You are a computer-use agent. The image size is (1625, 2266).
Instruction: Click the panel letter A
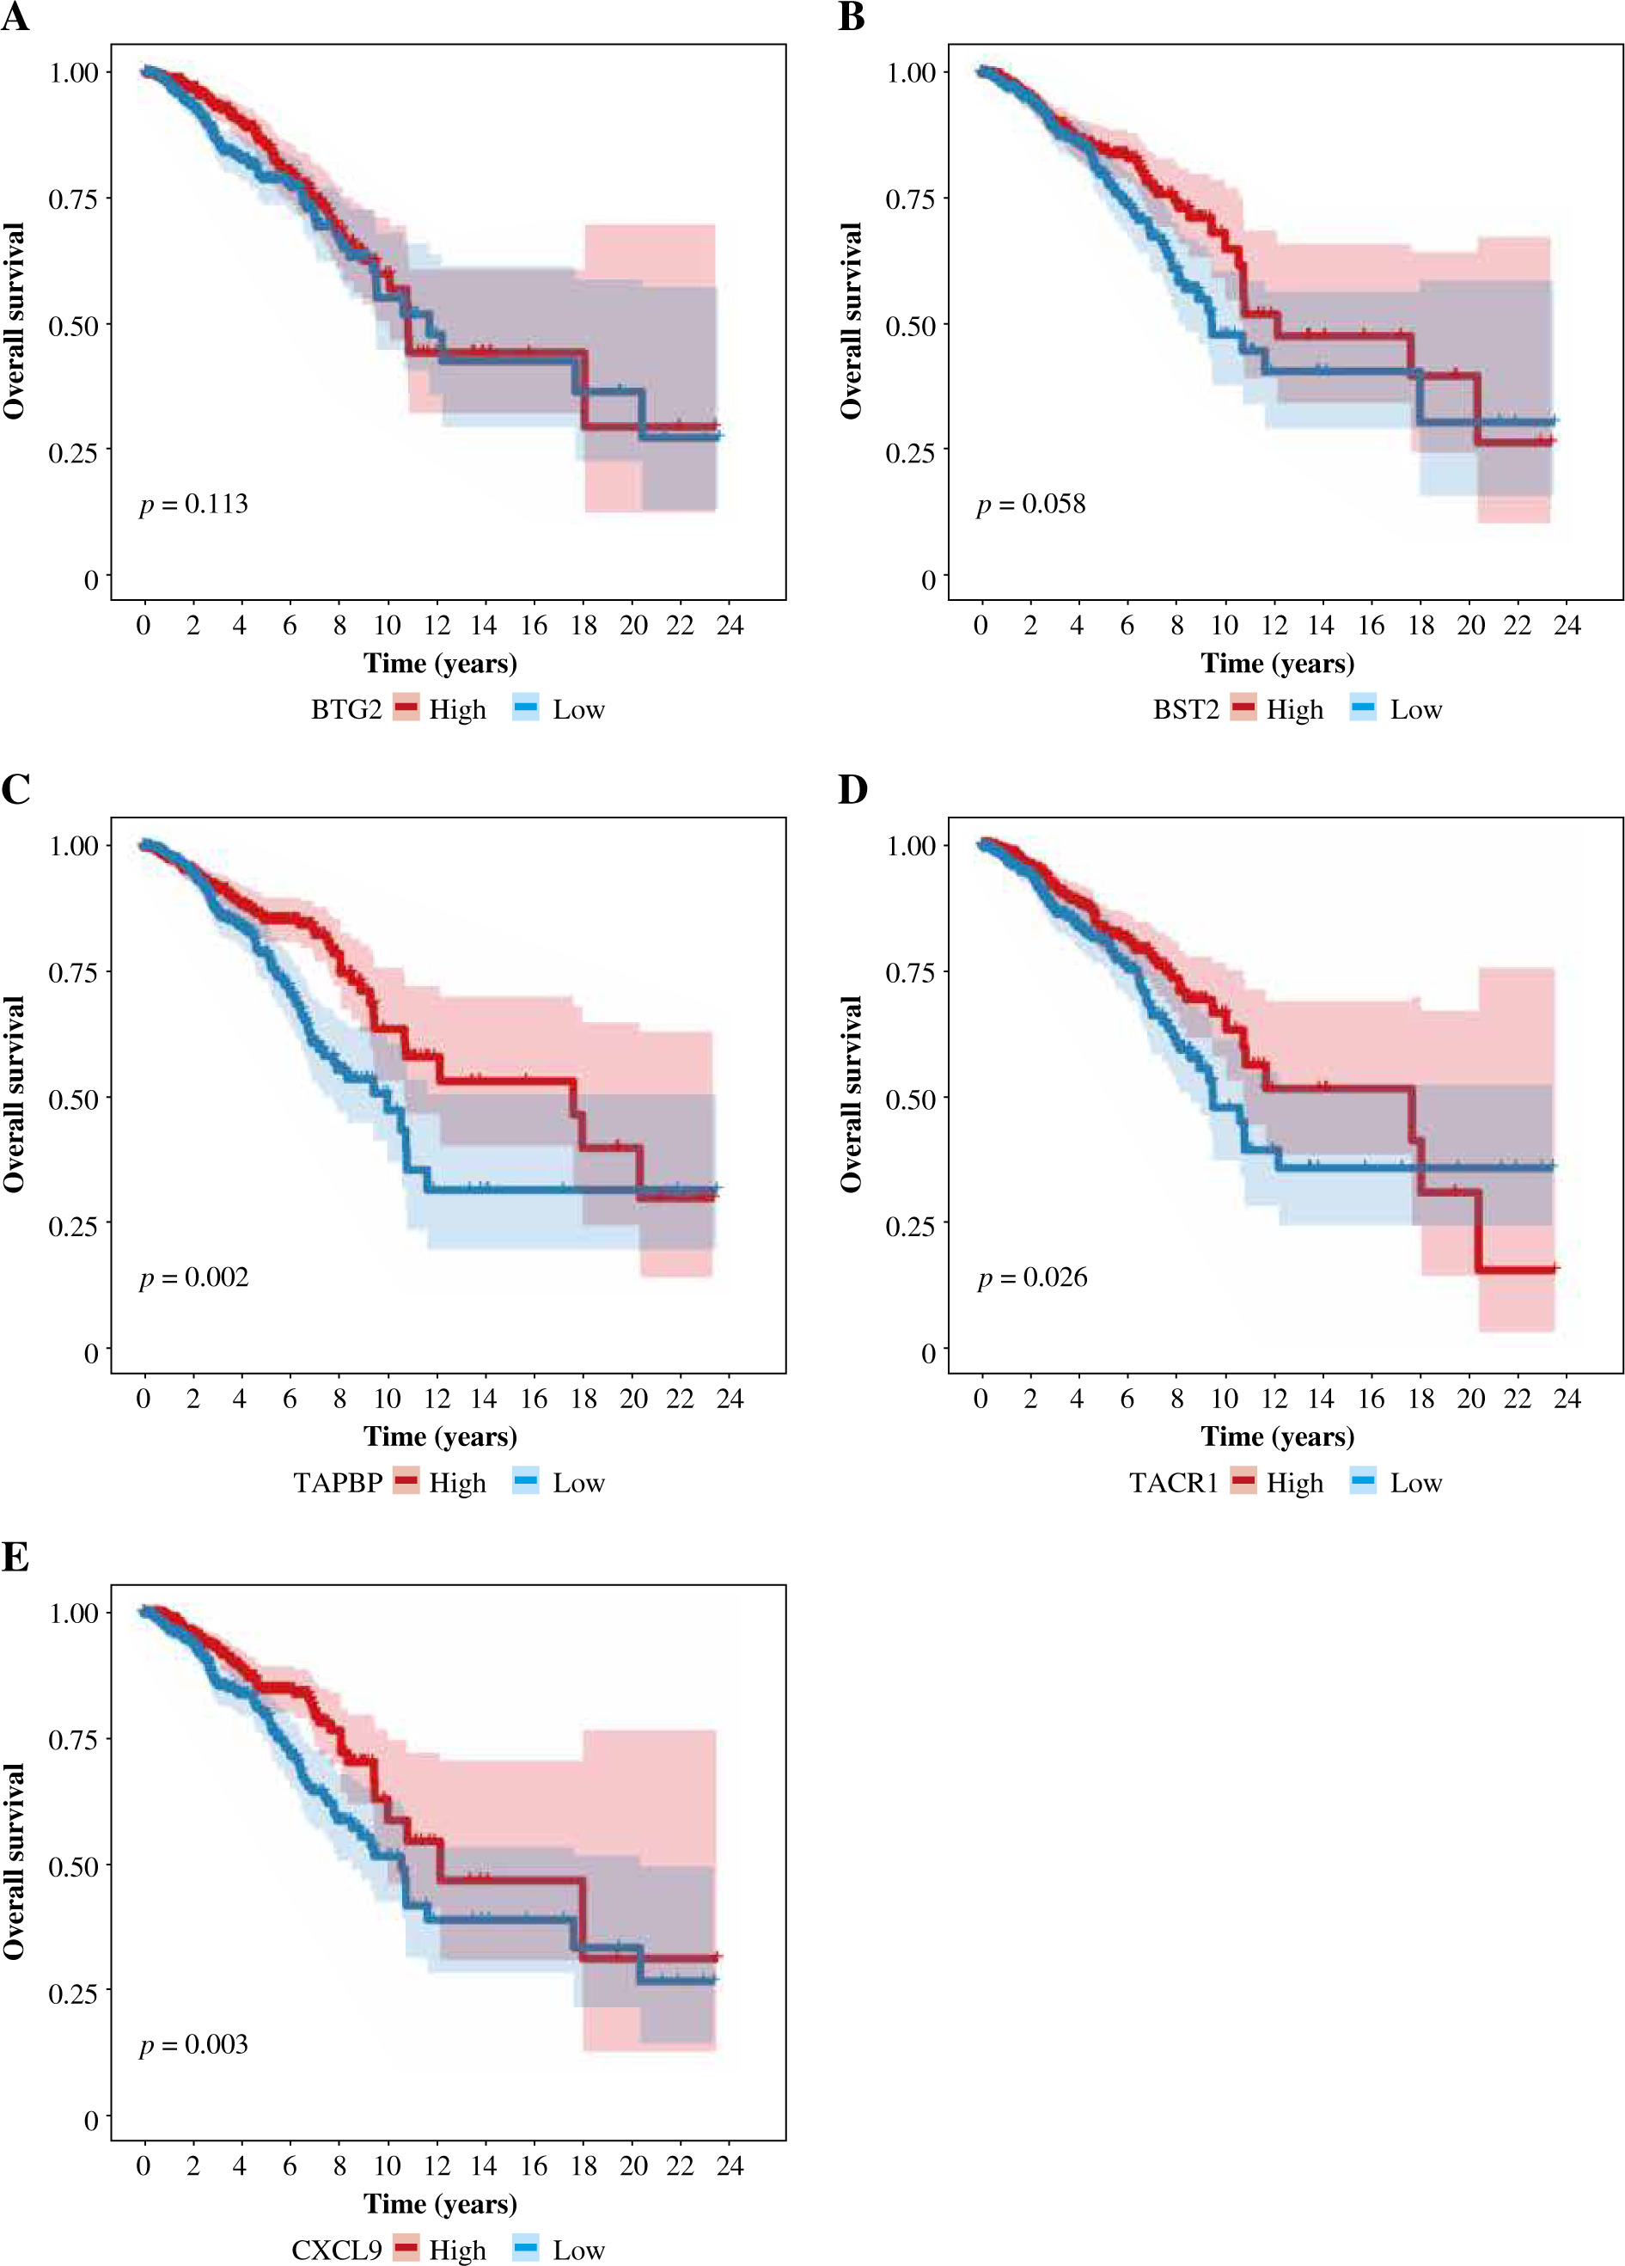point(15,17)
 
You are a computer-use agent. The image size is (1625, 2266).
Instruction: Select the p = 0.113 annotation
point(193,504)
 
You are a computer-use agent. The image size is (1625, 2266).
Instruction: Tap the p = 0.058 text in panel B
point(1030,504)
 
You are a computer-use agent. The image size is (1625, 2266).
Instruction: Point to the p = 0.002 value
point(193,1277)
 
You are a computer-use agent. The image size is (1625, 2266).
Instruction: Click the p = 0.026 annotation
point(1032,1277)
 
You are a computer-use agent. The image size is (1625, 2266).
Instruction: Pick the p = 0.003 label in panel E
point(193,2044)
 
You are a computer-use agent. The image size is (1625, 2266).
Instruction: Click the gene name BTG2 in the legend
point(345,709)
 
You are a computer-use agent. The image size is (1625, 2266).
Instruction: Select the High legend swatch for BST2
point(1243,708)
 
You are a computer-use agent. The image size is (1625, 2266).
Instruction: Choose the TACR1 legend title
point(1174,1483)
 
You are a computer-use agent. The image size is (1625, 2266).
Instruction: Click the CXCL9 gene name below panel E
point(337,2250)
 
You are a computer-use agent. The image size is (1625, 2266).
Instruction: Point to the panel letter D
point(852,790)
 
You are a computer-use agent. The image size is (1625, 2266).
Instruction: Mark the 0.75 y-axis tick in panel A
point(73,199)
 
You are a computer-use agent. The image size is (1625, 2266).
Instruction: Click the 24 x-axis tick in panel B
point(1567,626)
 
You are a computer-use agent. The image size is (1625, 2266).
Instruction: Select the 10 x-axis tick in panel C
point(387,1399)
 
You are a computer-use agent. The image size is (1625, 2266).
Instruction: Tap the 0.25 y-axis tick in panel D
point(910,1225)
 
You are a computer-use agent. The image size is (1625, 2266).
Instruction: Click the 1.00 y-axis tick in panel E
point(73,1613)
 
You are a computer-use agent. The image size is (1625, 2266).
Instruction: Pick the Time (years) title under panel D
point(1278,1436)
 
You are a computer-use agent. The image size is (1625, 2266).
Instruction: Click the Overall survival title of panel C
point(14,1094)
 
